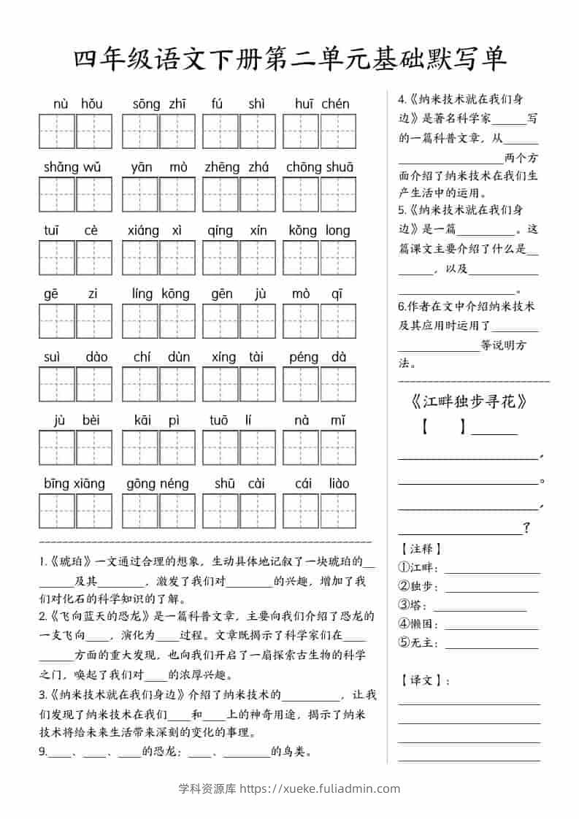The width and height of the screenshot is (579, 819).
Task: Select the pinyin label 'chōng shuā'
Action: [x=320, y=167]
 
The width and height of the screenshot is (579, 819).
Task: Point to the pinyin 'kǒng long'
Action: [x=320, y=231]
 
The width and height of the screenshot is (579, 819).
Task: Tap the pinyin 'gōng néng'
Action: [x=158, y=483]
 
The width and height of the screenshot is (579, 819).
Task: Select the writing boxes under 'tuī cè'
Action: [x=76, y=258]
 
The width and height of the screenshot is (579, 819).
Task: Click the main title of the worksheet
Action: [x=290, y=59]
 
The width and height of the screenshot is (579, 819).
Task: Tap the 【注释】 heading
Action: [x=421, y=548]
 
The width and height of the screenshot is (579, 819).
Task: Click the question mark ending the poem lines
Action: [x=526, y=528]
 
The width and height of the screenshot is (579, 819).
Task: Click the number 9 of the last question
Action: [x=42, y=751]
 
